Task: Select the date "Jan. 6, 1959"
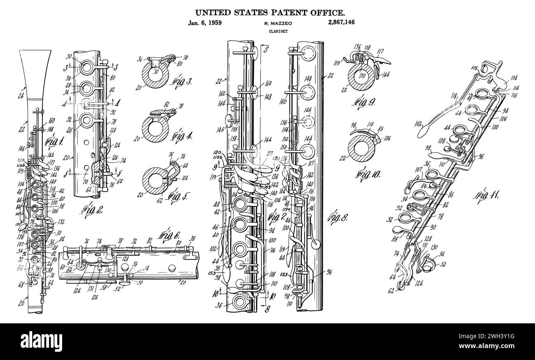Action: (205, 23)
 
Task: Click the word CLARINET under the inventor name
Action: (275, 31)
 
